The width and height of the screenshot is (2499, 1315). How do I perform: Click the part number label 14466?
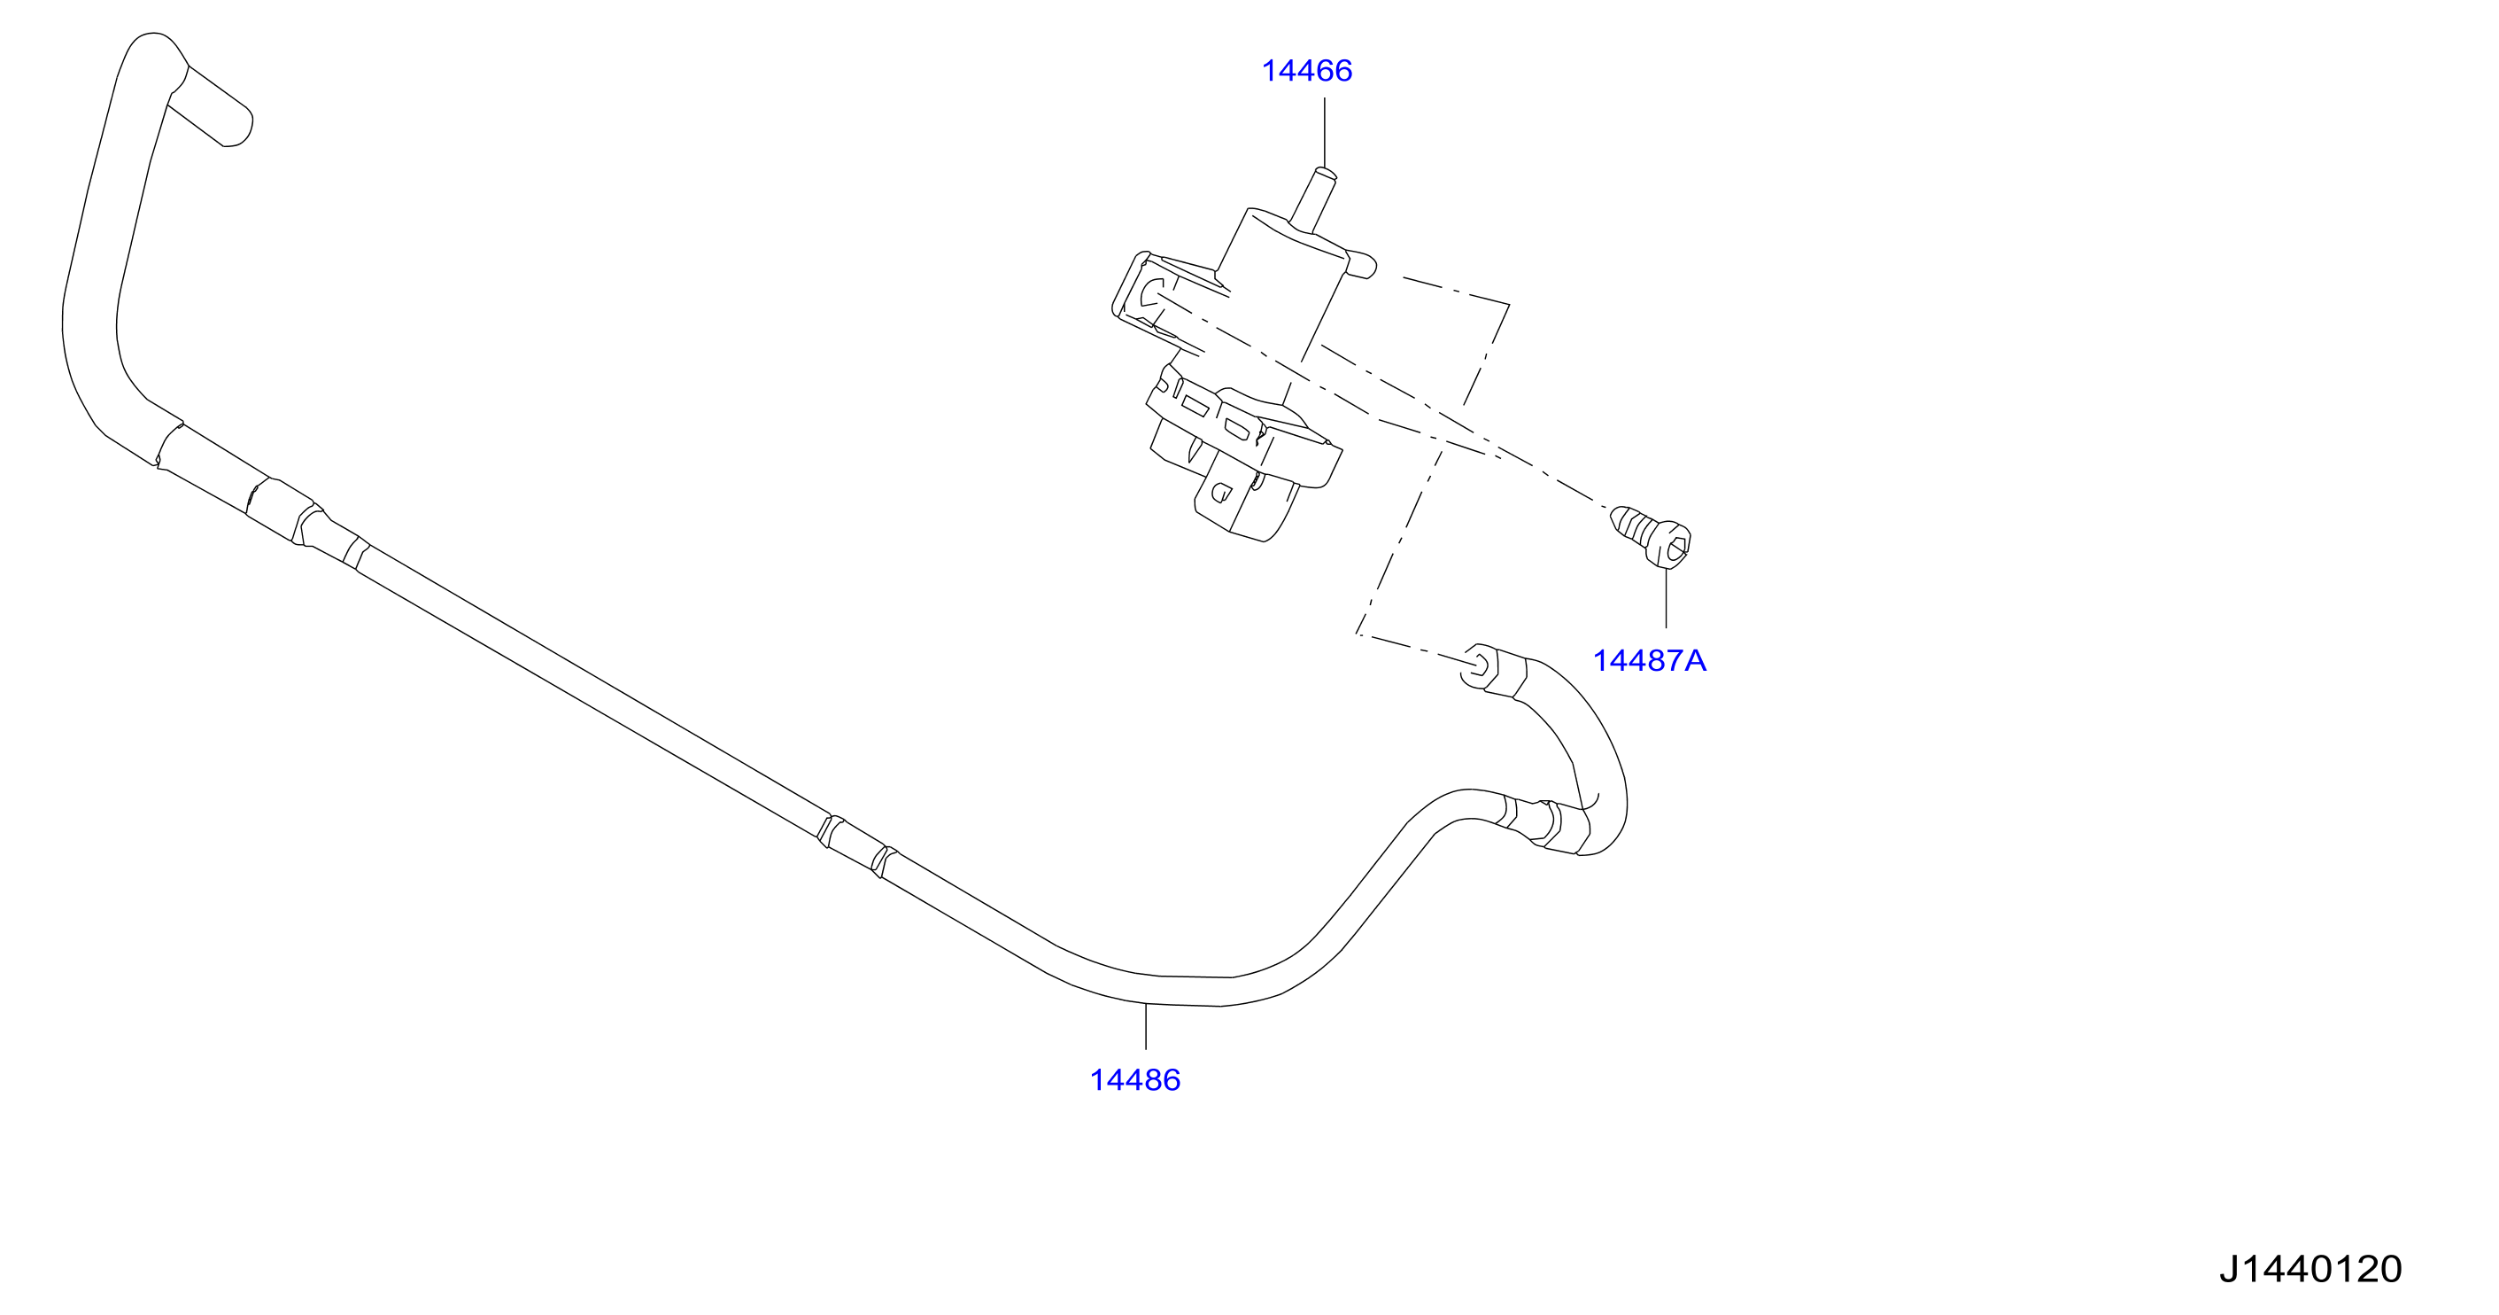pos(1306,71)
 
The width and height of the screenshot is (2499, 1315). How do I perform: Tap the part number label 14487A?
pos(1649,661)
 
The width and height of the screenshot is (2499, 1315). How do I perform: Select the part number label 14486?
pos(1135,1080)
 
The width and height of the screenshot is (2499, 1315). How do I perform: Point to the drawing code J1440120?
pos(2309,1270)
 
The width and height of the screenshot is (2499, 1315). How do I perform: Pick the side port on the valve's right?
pos(1361,265)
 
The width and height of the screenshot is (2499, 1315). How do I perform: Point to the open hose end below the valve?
pos(1480,667)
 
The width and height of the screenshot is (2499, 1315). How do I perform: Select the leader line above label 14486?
pos(1146,1026)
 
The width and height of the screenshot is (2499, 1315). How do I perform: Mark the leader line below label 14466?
pos(1324,133)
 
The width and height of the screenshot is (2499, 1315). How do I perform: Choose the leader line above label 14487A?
pos(1667,598)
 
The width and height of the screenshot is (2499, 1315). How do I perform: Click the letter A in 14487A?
pos(1695,661)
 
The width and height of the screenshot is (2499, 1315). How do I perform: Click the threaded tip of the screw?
pos(1619,519)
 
